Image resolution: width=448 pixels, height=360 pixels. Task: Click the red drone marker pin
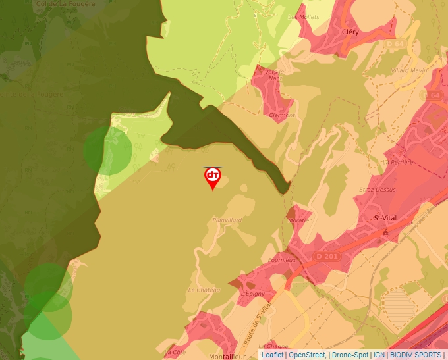(212, 176)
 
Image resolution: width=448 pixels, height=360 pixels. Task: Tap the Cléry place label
(350, 31)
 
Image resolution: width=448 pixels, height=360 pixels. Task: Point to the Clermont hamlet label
(283, 115)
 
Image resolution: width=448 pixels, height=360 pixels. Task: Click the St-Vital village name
(386, 218)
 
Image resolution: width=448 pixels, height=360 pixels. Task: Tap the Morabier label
(300, 220)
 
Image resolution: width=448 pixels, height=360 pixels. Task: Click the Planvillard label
(227, 220)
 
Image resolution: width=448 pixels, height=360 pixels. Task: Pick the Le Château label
(204, 290)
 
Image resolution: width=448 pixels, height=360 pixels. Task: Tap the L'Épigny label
(252, 294)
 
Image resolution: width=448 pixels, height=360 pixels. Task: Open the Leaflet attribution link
(273, 355)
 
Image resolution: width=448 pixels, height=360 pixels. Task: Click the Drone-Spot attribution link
(350, 355)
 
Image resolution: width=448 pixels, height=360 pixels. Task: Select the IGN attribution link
(379, 355)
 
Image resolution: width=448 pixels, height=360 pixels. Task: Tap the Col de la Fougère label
(47, 3)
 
